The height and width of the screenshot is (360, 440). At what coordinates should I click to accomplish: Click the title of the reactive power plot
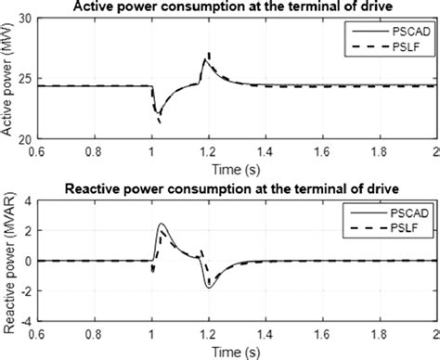pyautogui.click(x=232, y=190)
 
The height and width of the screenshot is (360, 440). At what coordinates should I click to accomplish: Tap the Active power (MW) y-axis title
pyautogui.click(x=8, y=82)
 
